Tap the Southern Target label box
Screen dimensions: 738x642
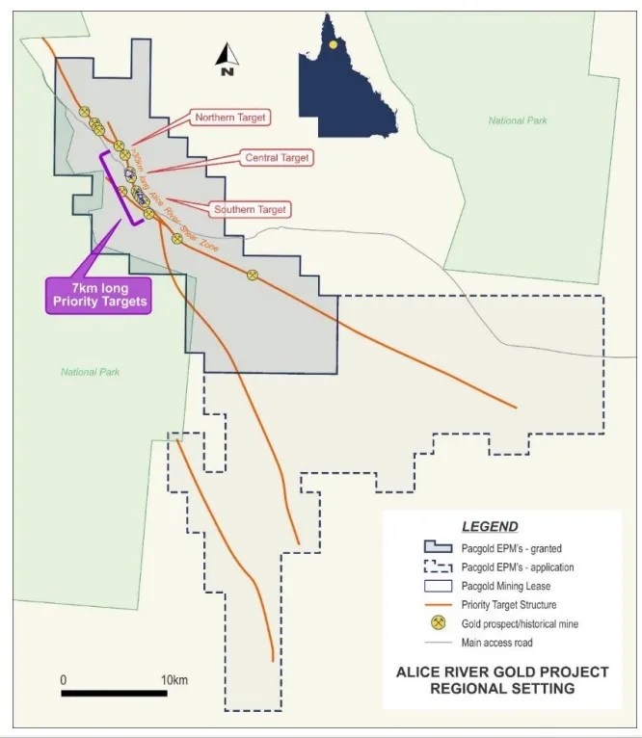coord(251,208)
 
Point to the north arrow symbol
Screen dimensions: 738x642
coord(227,60)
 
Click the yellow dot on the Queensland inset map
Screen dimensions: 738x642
coord(333,44)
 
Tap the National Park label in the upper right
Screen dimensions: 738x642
coord(520,120)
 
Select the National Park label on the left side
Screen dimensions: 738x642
coord(91,372)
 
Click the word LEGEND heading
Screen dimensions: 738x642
coord(490,527)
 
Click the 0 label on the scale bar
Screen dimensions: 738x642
coord(64,680)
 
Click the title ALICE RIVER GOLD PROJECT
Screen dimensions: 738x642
coord(502,672)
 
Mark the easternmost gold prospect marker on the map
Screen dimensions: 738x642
coord(253,275)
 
